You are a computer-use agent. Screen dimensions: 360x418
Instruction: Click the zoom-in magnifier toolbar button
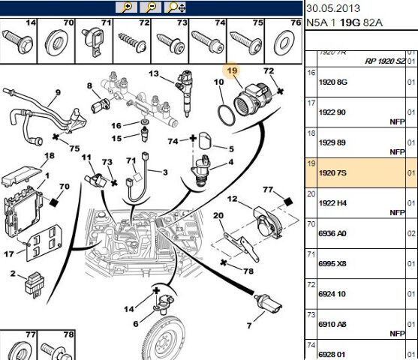click(128, 7)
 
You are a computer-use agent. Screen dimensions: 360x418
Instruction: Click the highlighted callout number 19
click(233, 71)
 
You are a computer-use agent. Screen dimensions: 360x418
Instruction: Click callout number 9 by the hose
click(56, 95)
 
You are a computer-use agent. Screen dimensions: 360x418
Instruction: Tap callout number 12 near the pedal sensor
click(233, 199)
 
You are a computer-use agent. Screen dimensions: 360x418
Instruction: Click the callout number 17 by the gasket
click(9, 253)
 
